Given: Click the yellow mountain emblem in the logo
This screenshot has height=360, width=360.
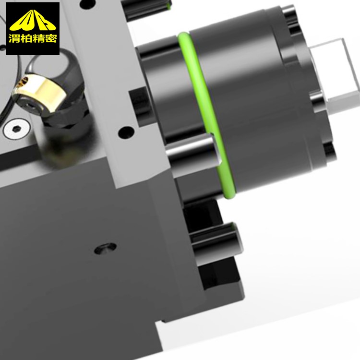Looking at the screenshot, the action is pos(33,21).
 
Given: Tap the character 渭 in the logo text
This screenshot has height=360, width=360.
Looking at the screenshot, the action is pos(14,38).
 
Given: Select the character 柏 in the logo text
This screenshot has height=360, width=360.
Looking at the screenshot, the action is pos(26,38).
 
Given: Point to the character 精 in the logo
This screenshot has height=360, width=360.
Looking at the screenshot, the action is pos(38,38).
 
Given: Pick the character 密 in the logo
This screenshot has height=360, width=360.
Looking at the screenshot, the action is pos(50,38).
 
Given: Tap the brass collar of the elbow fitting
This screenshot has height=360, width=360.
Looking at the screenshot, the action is pos(41,92).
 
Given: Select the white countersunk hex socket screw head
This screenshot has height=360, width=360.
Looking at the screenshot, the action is pos(16,129).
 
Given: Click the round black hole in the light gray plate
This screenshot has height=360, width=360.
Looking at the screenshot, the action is pos(126,132).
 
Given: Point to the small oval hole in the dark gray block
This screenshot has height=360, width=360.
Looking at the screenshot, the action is pos(105,249).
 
